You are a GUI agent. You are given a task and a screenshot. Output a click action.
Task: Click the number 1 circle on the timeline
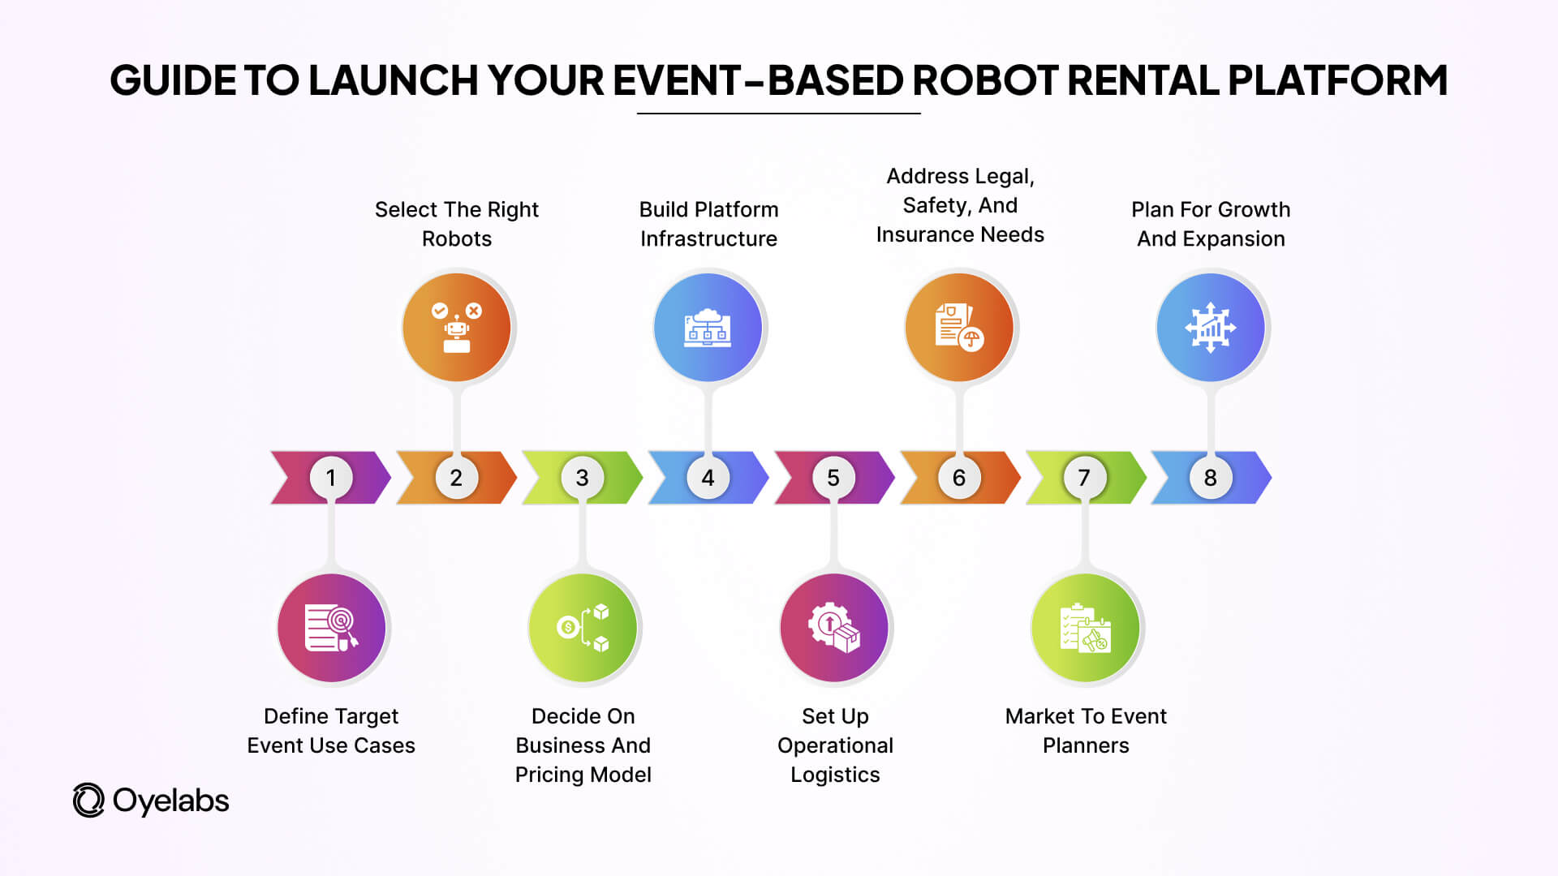click(331, 478)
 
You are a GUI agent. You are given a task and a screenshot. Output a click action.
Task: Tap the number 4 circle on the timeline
click(708, 478)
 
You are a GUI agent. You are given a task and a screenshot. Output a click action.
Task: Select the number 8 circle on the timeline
click(1210, 478)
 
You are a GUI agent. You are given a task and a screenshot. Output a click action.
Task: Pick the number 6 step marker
click(958, 478)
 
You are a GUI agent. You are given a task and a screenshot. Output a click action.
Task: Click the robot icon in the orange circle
click(457, 328)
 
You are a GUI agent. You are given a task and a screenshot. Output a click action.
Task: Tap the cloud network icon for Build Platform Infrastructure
click(708, 328)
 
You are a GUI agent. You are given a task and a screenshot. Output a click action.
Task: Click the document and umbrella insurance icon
click(959, 328)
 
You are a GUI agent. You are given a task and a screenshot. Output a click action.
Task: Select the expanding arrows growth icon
click(1210, 328)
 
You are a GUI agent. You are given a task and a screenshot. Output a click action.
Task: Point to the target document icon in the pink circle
click(331, 628)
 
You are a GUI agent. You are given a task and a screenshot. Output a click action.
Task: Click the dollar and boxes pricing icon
click(583, 628)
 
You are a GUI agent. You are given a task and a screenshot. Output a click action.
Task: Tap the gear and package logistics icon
click(834, 628)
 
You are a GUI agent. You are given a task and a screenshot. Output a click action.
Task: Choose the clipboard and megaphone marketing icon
click(1086, 628)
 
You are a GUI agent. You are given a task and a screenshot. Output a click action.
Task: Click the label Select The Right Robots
click(457, 224)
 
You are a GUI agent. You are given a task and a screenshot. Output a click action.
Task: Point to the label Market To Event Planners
click(1086, 731)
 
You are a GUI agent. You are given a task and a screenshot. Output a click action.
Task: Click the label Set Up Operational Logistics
click(835, 745)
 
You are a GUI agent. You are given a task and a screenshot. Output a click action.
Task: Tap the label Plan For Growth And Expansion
click(1211, 224)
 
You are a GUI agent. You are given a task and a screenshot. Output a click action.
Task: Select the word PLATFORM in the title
click(1337, 80)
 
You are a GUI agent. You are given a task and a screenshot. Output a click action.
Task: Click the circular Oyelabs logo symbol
click(88, 801)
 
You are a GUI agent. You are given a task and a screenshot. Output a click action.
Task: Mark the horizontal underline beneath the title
click(778, 114)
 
